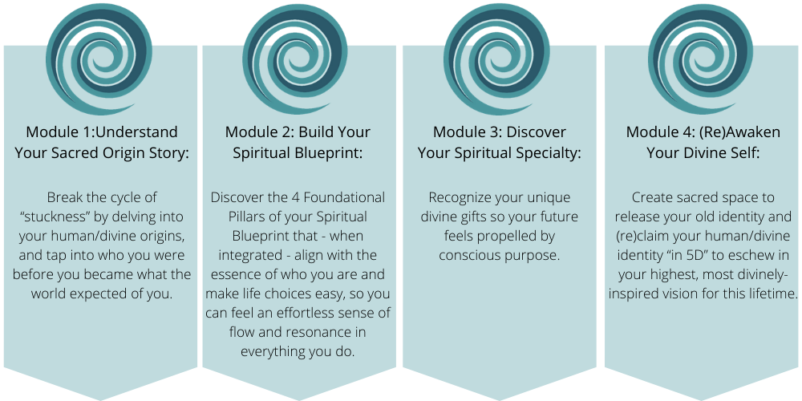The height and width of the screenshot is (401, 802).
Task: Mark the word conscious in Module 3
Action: coord(473,255)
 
